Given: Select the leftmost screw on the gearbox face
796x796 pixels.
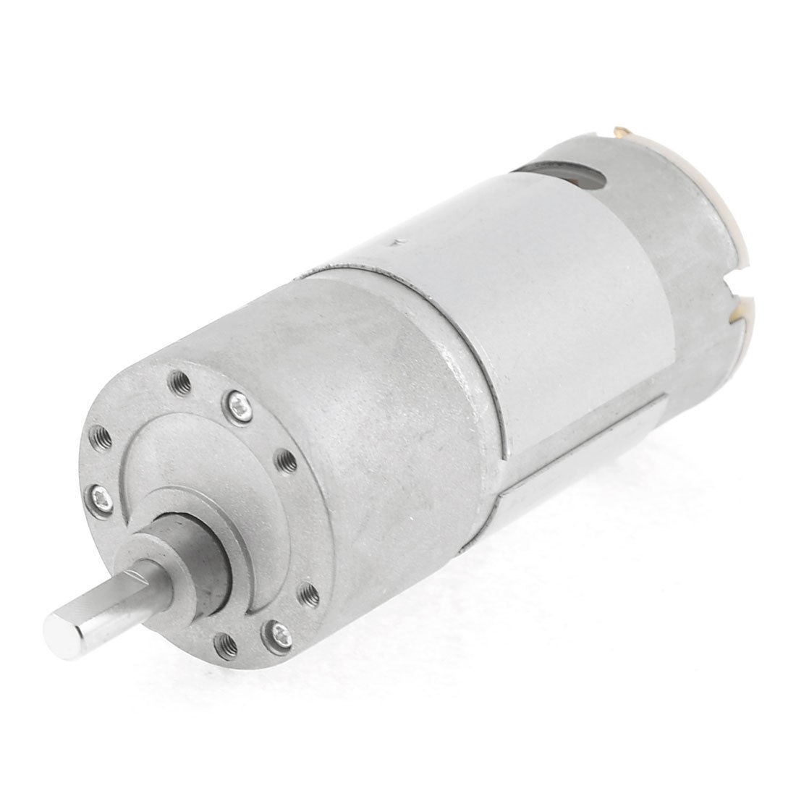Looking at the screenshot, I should [x=98, y=495].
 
